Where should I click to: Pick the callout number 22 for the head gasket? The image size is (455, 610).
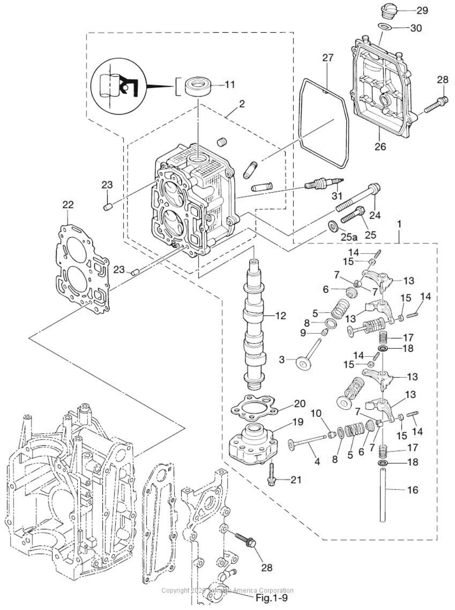[x=68, y=205]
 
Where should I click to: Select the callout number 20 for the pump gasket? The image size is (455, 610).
[x=299, y=404]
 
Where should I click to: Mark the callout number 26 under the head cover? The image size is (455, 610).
[x=380, y=146]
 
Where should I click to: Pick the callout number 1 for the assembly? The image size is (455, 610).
[x=399, y=224]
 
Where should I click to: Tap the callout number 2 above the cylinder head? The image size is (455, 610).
[x=242, y=104]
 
